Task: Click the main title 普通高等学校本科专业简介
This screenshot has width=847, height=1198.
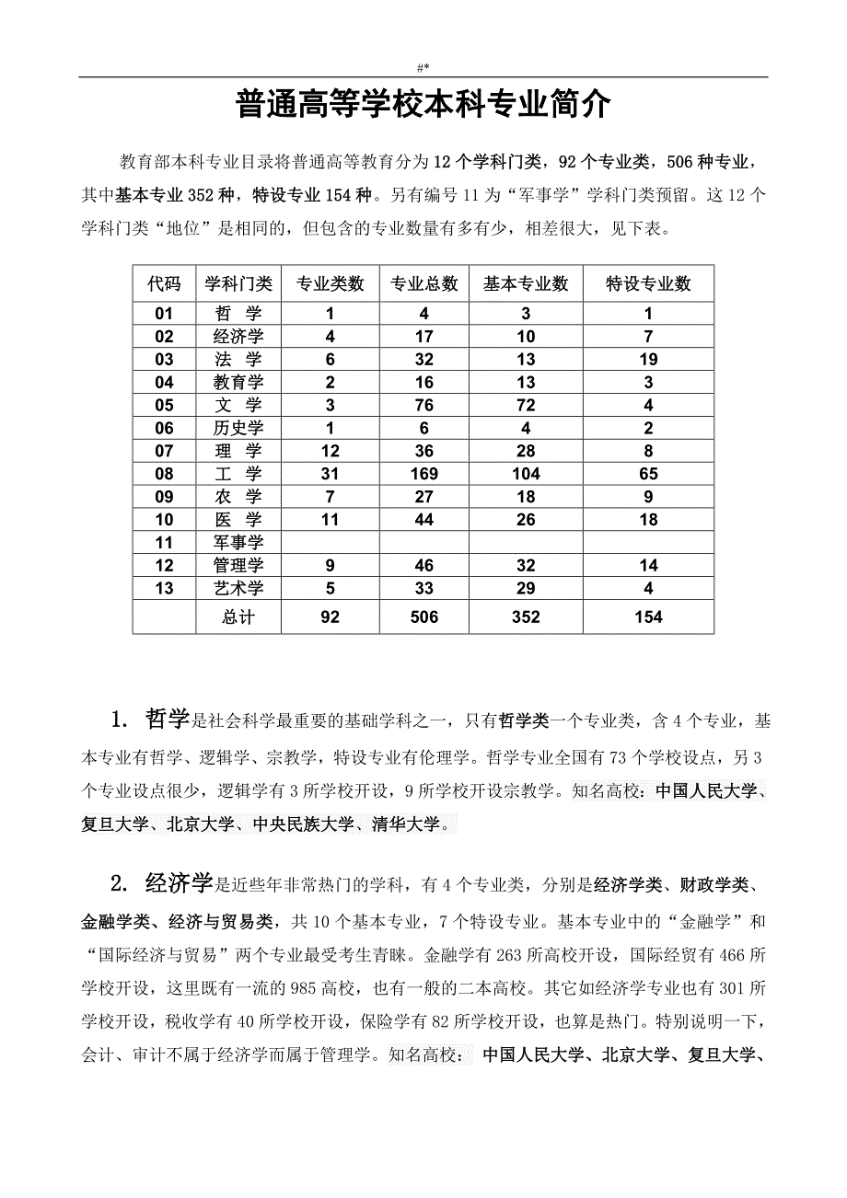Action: pos(423,105)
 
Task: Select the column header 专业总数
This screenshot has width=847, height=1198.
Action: pos(423,283)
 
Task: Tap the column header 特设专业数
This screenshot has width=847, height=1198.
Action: pos(648,283)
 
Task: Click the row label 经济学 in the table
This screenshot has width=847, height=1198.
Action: pos(238,337)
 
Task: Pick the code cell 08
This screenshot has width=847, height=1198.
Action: pos(164,474)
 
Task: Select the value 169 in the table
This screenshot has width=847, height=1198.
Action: pos(423,474)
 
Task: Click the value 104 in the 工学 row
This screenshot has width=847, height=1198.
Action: pos(526,474)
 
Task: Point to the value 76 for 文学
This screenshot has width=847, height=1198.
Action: pos(423,405)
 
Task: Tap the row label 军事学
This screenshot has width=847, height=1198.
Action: pos(238,543)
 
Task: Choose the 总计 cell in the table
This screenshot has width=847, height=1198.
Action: pos(238,616)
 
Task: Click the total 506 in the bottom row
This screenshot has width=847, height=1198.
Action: pos(423,616)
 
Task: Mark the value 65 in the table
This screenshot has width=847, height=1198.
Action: pos(648,474)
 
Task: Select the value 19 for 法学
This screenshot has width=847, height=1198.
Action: pos(648,360)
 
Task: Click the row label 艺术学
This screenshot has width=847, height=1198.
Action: pos(238,589)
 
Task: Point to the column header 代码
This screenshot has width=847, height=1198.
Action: pos(164,283)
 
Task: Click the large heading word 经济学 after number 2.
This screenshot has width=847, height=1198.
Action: pos(179,884)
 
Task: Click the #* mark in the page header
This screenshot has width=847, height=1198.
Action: pos(423,67)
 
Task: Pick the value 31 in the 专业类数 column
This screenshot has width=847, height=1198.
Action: pos(330,474)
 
